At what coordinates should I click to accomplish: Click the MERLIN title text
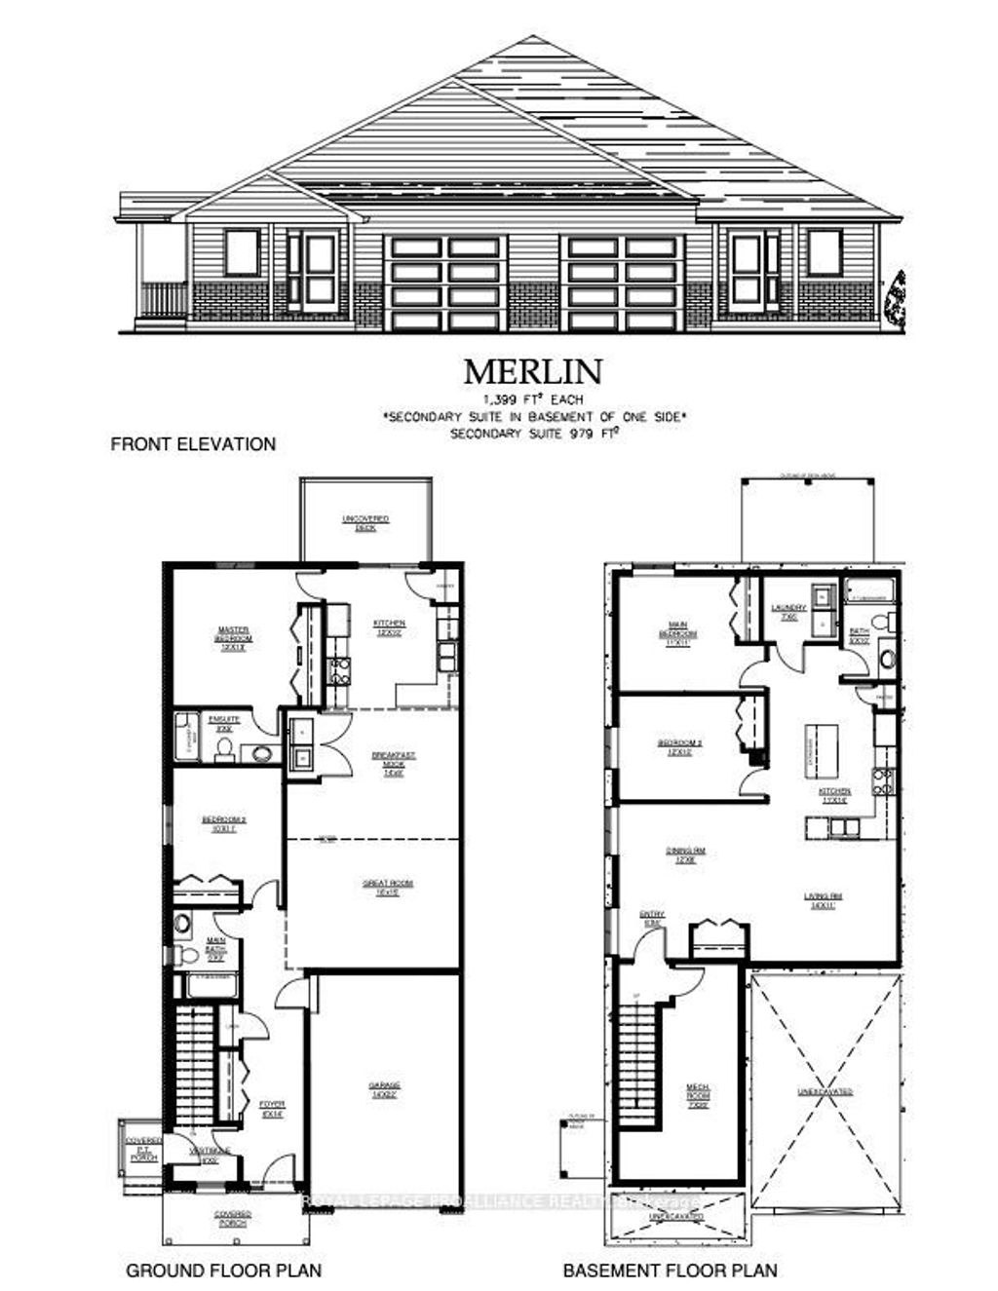532,372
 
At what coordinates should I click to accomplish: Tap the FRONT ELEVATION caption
193,444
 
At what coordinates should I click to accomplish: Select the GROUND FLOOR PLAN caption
223,1271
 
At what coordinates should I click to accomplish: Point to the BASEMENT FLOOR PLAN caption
671,1271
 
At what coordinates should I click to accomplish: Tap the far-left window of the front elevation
242,252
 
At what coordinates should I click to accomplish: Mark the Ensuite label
224,723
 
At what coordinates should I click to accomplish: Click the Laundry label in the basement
788,612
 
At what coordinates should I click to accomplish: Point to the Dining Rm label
685,855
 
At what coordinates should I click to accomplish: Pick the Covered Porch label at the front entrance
233,1218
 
